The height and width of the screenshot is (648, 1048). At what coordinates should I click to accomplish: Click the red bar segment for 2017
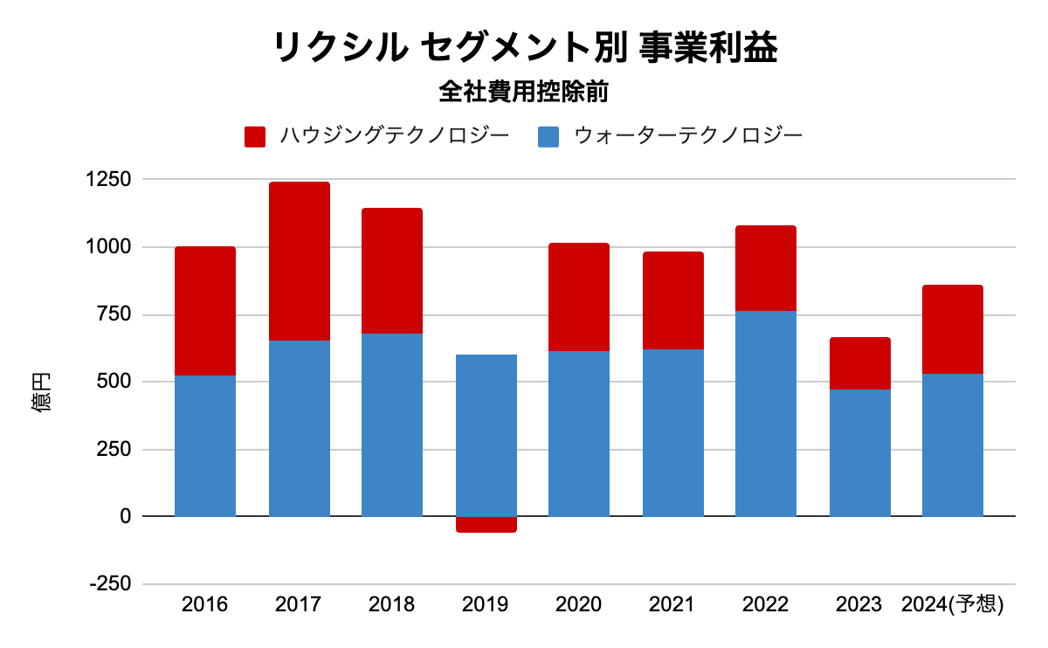(300, 261)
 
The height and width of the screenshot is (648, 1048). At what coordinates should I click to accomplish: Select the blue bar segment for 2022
(766, 413)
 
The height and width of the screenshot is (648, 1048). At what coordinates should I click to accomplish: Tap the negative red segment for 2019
(486, 524)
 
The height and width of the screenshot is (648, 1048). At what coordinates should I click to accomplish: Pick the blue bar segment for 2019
(486, 435)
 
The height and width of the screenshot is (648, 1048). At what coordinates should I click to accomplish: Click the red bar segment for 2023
(860, 363)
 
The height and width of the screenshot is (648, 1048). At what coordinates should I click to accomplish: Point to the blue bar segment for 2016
(205, 445)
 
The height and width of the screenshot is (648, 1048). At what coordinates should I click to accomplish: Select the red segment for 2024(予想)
(953, 329)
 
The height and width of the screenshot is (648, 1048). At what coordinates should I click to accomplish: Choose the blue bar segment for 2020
(579, 433)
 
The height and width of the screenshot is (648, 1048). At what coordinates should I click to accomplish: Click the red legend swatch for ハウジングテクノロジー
(255, 136)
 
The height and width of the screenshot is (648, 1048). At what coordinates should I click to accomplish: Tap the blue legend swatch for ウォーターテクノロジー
(548, 136)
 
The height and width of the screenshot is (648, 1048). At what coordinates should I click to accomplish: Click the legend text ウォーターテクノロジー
(687, 136)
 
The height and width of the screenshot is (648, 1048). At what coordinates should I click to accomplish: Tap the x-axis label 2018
(392, 604)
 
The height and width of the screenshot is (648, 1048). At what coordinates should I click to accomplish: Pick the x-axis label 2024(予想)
(953, 604)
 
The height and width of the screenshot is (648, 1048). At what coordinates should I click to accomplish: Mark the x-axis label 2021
(672, 604)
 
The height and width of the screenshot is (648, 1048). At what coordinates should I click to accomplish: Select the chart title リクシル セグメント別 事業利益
(525, 48)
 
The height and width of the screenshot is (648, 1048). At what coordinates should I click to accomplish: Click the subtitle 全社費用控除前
(524, 91)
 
